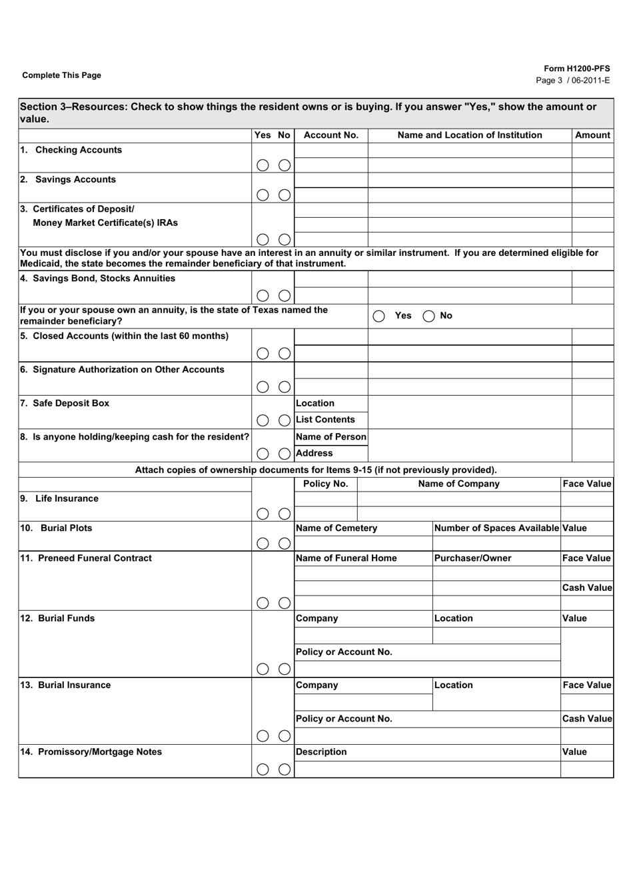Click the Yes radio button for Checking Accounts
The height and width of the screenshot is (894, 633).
263,165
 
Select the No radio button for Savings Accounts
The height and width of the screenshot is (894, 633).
285,195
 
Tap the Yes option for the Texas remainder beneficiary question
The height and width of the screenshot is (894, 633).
379,316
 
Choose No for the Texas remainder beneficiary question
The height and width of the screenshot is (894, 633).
428,316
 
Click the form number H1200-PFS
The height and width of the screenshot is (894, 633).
576,69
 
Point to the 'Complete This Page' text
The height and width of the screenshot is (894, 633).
62,75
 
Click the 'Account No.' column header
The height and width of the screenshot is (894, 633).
330,135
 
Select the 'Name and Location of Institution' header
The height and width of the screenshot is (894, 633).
470,135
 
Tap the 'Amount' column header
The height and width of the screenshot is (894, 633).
592,135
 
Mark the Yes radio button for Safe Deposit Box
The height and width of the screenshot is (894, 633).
263,420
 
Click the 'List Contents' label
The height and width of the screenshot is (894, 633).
325,420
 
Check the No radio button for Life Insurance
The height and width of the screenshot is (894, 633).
285,514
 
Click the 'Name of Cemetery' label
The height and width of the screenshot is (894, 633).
336,528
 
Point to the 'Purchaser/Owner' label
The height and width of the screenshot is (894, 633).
472,558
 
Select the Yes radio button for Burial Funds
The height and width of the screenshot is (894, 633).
263,669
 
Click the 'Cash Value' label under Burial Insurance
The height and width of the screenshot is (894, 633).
586,719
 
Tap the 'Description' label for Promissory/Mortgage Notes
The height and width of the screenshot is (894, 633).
321,752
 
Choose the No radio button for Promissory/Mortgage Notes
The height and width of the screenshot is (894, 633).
285,769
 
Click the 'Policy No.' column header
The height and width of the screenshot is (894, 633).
325,484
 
